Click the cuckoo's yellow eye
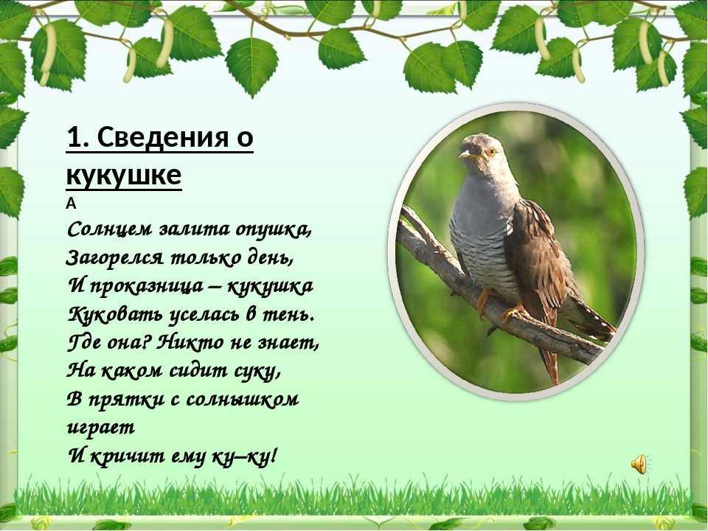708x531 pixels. click(x=490, y=151)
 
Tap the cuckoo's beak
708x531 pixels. click(x=468, y=155)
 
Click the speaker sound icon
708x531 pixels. click(x=639, y=464)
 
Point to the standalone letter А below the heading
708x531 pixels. click(x=71, y=204)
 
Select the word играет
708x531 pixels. click(x=101, y=428)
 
